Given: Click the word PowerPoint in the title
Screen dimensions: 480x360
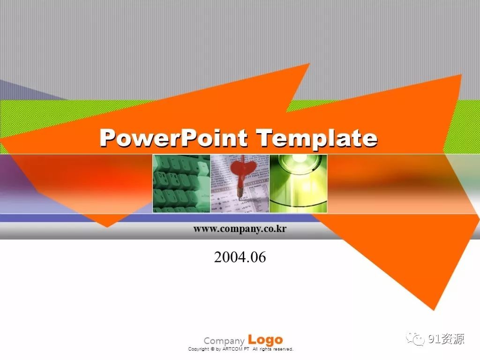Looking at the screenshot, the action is [173, 138].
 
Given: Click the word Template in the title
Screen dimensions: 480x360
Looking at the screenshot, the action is [317, 138].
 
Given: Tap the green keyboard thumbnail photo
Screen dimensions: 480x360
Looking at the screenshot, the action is [181, 183].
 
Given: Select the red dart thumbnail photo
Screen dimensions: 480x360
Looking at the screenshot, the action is [240, 183].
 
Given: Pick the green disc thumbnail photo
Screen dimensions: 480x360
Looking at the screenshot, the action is [298, 183].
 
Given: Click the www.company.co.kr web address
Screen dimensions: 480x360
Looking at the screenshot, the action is [240, 229].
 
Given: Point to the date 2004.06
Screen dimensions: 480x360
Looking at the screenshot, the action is [240, 257].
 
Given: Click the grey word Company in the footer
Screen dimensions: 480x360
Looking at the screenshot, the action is [224, 341].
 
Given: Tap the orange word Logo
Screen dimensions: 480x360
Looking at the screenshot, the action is [265, 339].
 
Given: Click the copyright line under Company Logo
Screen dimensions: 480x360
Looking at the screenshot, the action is [240, 349].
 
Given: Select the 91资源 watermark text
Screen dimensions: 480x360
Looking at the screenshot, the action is [446, 339].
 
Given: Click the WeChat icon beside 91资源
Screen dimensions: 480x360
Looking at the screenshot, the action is [415, 339].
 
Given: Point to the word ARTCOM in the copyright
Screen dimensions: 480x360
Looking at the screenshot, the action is [232, 349].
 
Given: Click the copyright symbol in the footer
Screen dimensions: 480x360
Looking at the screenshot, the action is [213, 349].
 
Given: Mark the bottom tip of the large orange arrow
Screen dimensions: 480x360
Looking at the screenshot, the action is [434, 310].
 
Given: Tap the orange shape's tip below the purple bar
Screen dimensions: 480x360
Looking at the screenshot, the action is [107, 227].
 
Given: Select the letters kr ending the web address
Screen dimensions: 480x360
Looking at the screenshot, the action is [282, 228].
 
